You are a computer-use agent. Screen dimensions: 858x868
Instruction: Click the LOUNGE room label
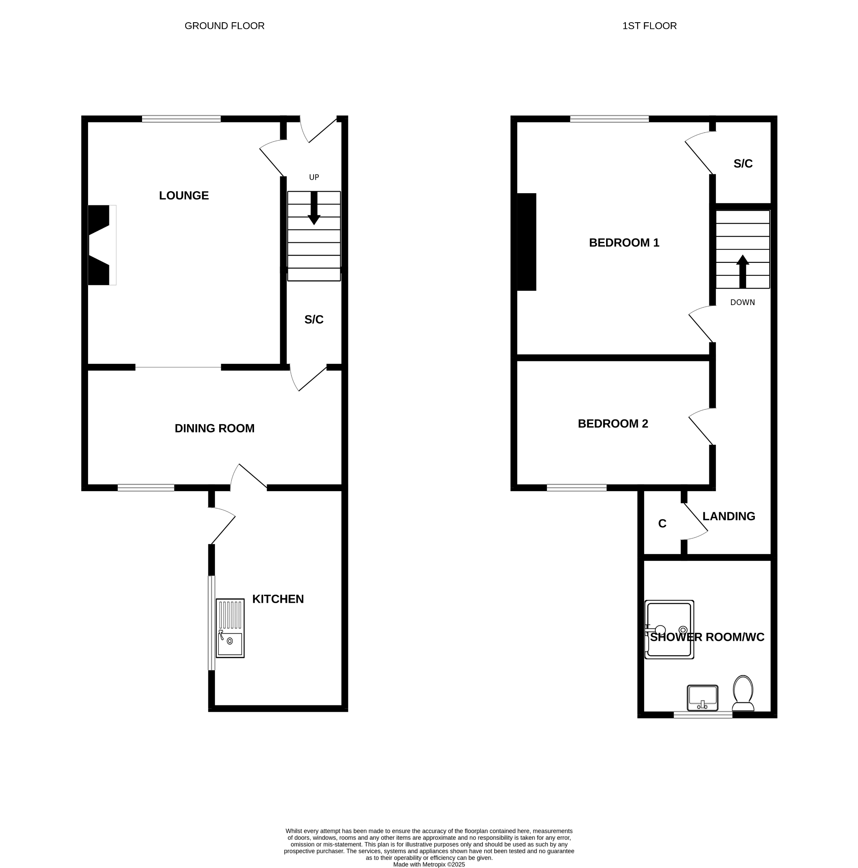[184, 195]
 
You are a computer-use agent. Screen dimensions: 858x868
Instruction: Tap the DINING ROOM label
[214, 428]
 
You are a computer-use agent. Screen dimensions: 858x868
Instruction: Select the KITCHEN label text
[278, 599]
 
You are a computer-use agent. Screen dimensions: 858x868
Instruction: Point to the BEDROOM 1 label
[624, 243]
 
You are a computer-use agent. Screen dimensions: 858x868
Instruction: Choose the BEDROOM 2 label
[613, 424]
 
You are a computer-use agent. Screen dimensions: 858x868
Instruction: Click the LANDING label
[728, 516]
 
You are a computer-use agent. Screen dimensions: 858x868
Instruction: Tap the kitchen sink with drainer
[230, 628]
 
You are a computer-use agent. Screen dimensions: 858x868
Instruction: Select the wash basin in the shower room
[702, 698]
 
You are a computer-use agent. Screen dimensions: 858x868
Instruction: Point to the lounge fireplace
[102, 245]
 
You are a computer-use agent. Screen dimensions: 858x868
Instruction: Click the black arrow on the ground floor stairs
[314, 208]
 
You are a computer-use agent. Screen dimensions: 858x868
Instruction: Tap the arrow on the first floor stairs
[743, 271]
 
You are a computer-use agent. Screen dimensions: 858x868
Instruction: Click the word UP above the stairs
[314, 177]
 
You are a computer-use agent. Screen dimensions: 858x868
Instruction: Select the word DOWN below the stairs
[743, 302]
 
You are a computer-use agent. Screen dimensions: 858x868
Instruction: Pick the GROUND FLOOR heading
[225, 26]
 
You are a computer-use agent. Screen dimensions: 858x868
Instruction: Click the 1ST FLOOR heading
[649, 26]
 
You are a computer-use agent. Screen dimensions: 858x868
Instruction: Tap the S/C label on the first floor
[743, 163]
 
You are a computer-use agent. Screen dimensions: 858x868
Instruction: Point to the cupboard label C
[662, 523]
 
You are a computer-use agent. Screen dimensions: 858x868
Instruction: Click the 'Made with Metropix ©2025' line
[429, 864]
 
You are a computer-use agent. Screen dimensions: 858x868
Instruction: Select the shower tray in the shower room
[669, 630]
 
